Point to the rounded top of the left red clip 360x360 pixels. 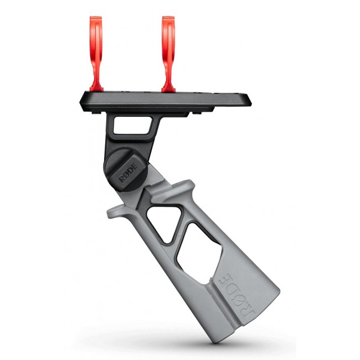97,21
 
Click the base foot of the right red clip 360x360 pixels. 168,88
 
